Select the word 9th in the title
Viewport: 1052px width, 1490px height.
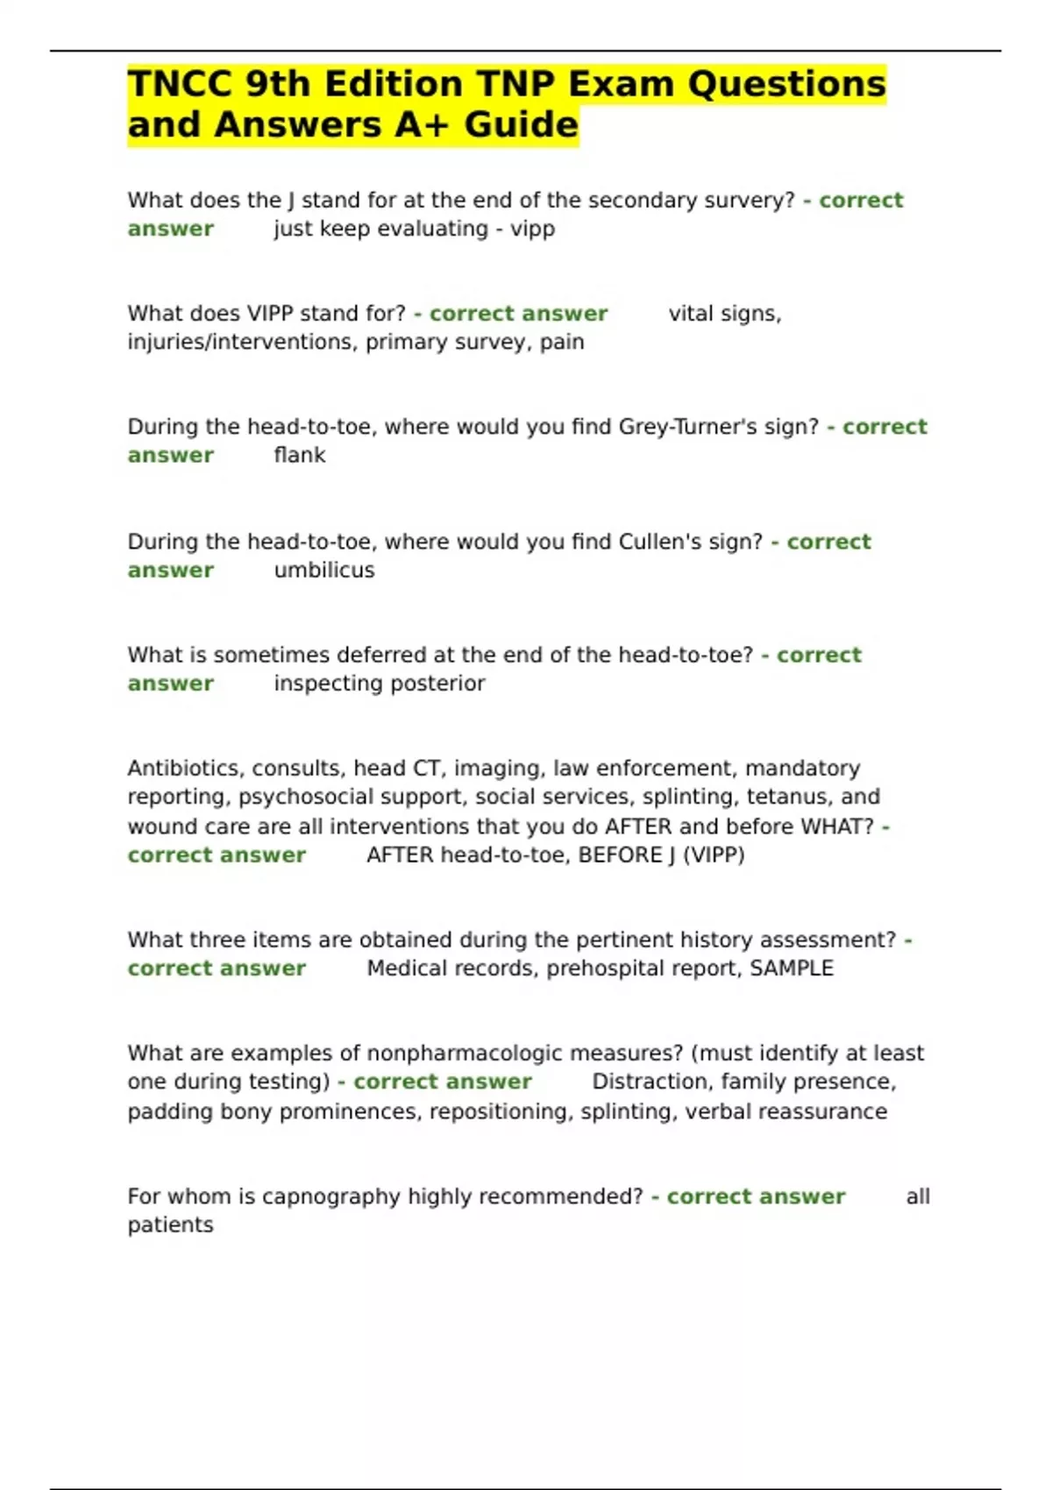coord(278,84)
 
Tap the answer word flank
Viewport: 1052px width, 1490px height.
coord(299,455)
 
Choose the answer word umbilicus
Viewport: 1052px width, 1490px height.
coord(323,570)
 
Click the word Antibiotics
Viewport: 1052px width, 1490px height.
coord(186,769)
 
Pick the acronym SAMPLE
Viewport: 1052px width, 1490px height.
coord(791,968)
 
